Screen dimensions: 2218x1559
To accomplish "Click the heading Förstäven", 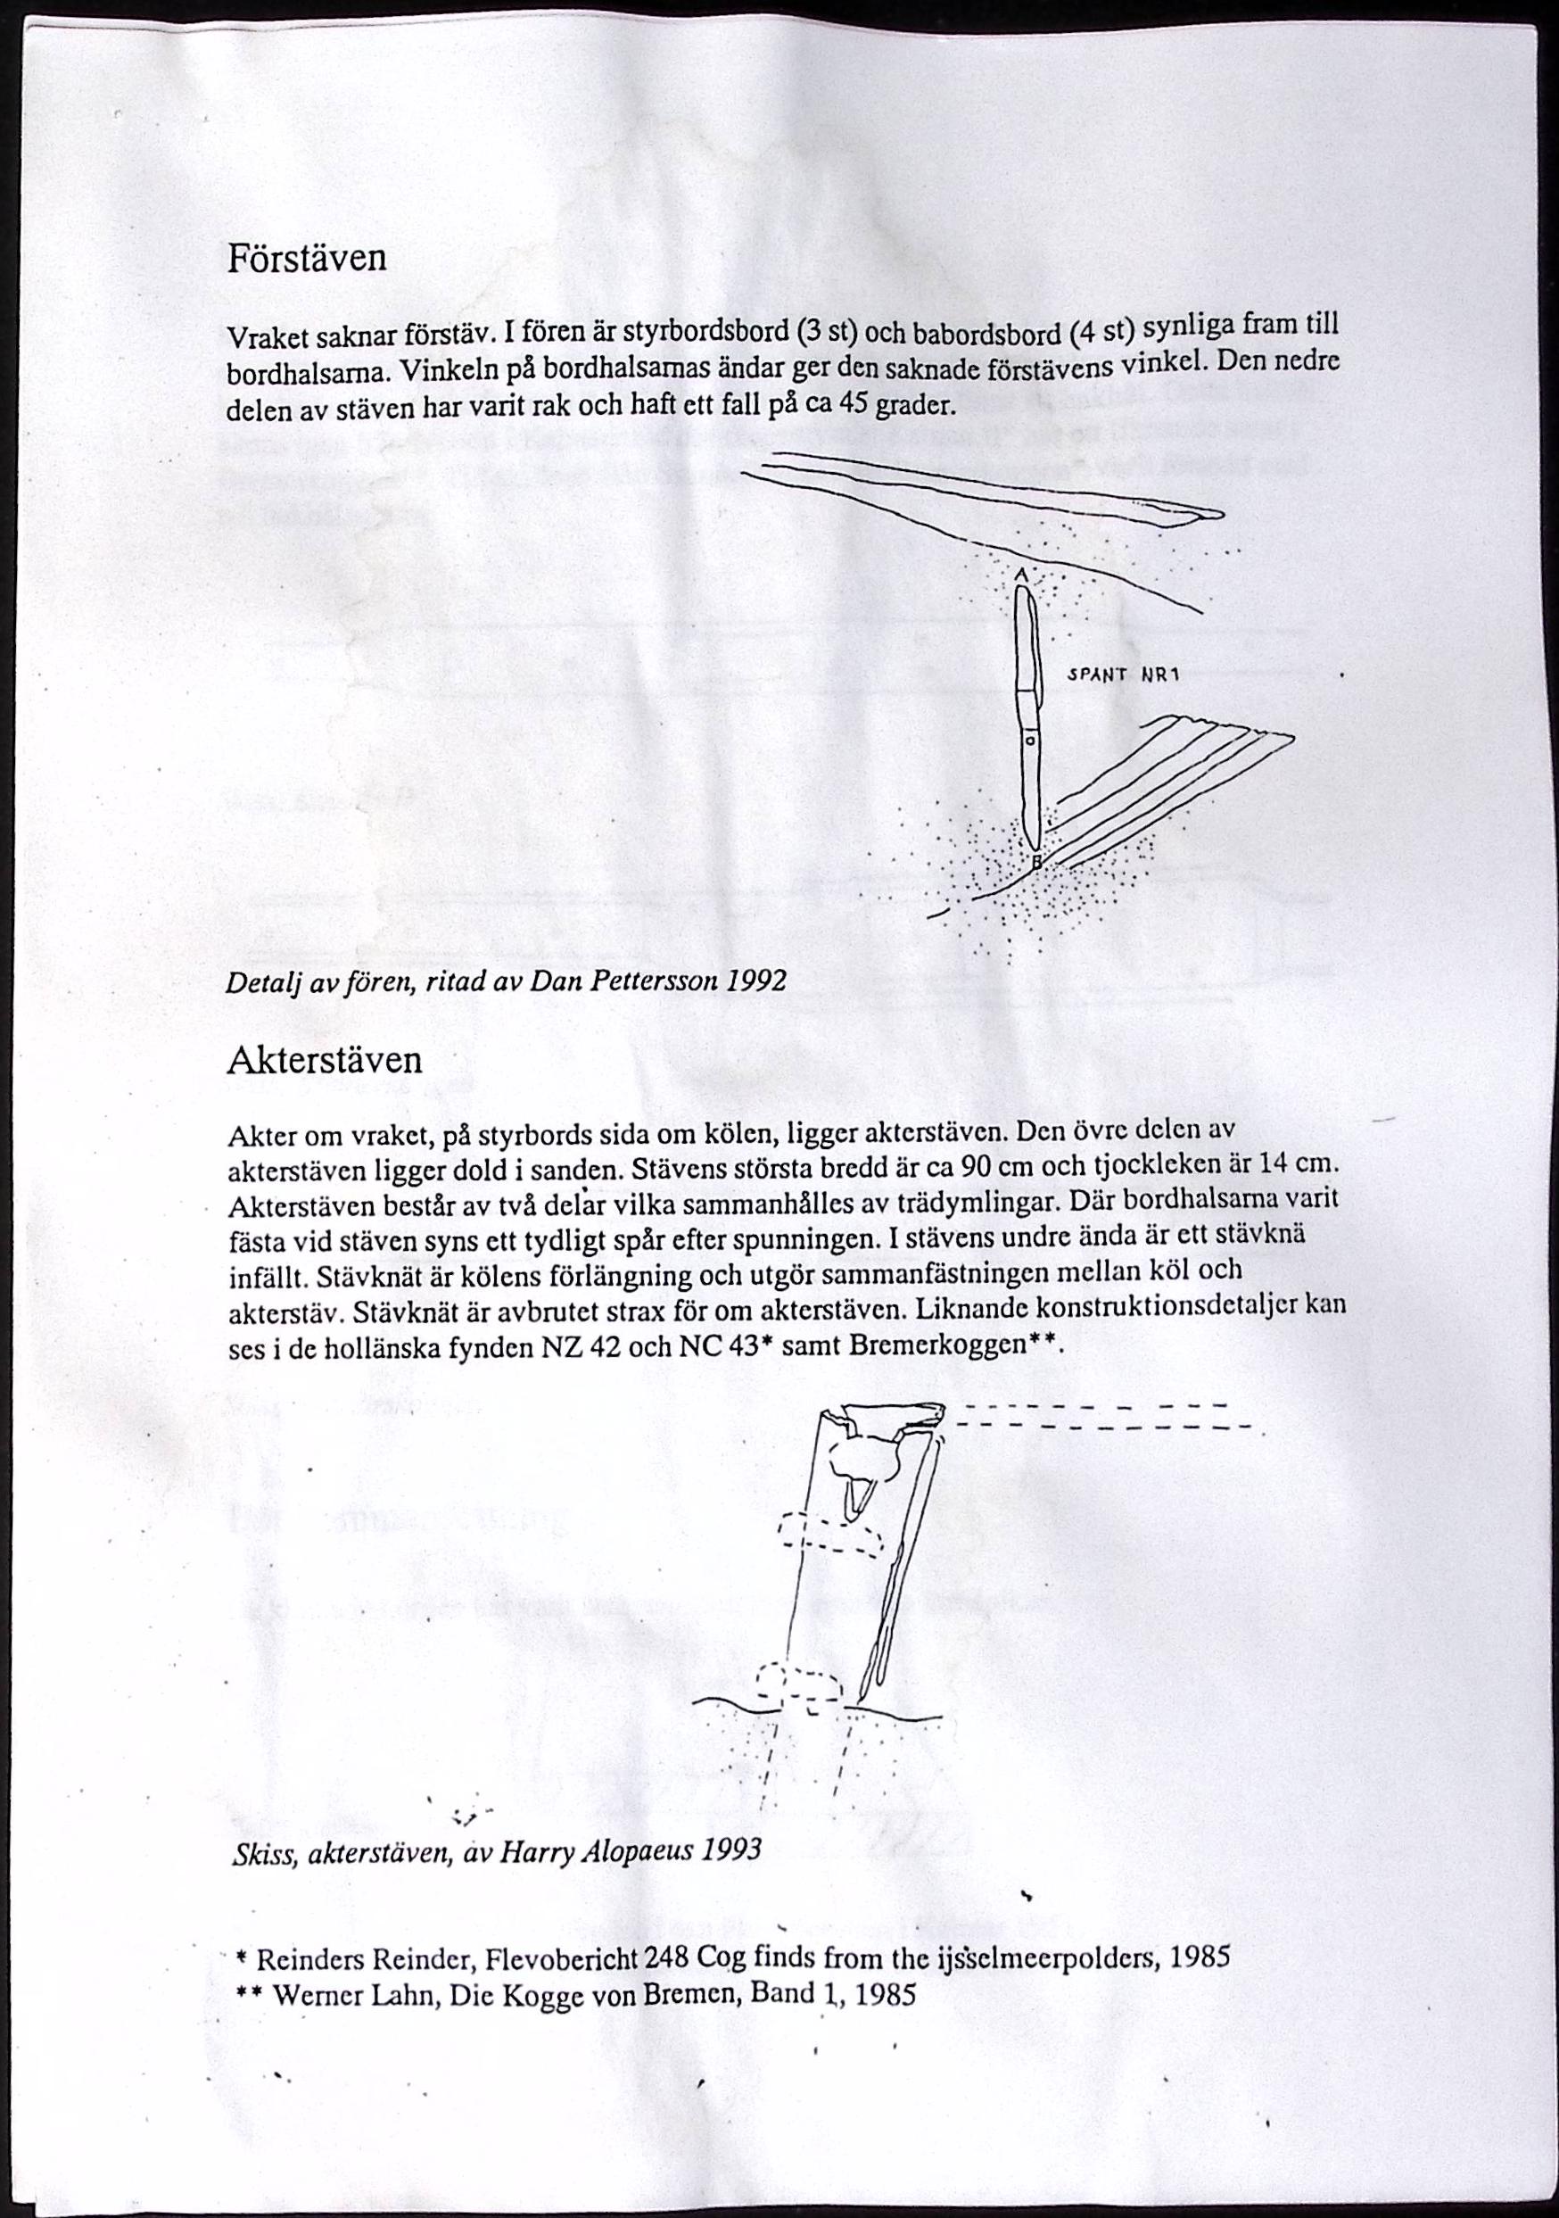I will pyautogui.click(x=306, y=258).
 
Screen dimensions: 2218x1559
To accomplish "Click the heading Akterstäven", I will pyautogui.click(x=325, y=1061).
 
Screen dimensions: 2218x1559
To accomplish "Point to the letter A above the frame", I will pyautogui.click(x=1021, y=575).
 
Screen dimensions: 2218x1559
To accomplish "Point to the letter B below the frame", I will pyautogui.click(x=1036, y=862).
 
